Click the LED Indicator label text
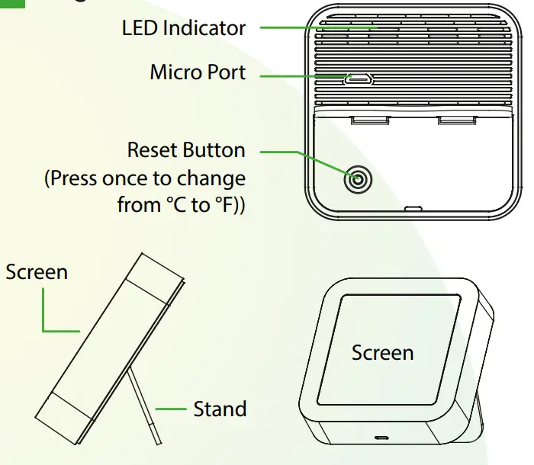click(184, 29)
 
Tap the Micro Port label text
click(198, 72)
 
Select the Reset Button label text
click(186, 149)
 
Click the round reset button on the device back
click(357, 181)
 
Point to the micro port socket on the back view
click(356, 79)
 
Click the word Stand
click(220, 409)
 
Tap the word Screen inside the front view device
click(382, 352)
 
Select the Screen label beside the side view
click(37, 272)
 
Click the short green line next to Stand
click(171, 409)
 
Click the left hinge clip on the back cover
click(369, 120)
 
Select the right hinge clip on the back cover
click(455, 120)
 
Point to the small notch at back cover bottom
click(413, 207)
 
